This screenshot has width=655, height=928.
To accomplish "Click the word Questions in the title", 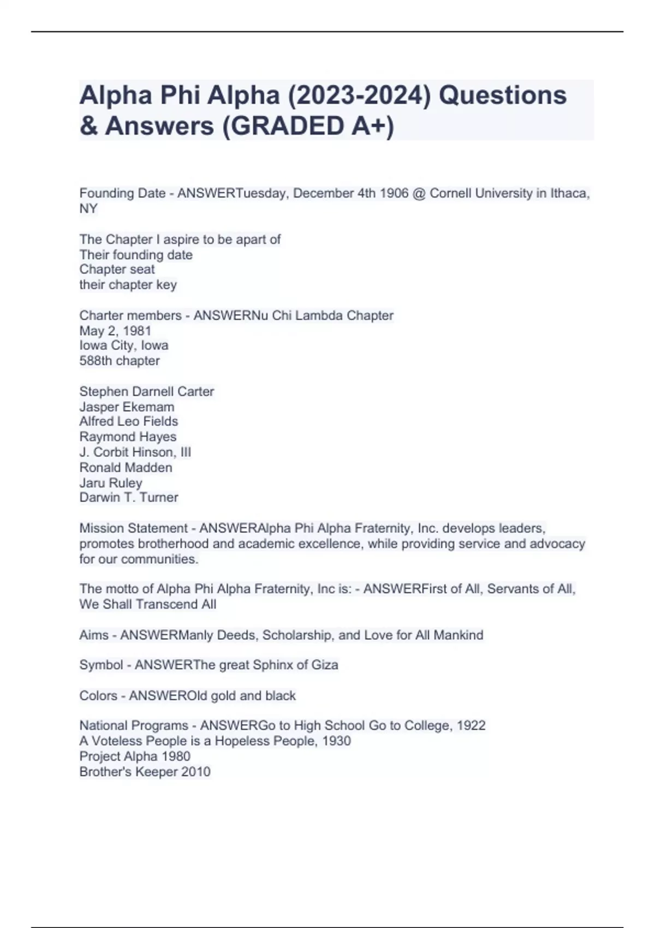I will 503,96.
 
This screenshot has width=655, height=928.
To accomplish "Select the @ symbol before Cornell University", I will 419,193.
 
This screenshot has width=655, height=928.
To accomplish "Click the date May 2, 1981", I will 115,331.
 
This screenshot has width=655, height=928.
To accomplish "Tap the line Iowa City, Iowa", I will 124,346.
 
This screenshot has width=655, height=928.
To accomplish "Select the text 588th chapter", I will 120,361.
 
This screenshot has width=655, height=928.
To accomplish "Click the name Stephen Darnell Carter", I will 146,391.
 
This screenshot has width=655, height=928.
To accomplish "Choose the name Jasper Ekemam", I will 127,407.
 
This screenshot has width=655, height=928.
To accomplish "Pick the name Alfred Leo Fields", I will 128,421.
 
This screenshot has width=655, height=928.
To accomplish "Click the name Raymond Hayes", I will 128,437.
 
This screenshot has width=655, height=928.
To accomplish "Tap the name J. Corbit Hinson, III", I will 135,452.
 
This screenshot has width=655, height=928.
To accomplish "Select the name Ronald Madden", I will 126,467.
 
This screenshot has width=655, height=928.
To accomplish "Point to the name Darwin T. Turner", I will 129,497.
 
